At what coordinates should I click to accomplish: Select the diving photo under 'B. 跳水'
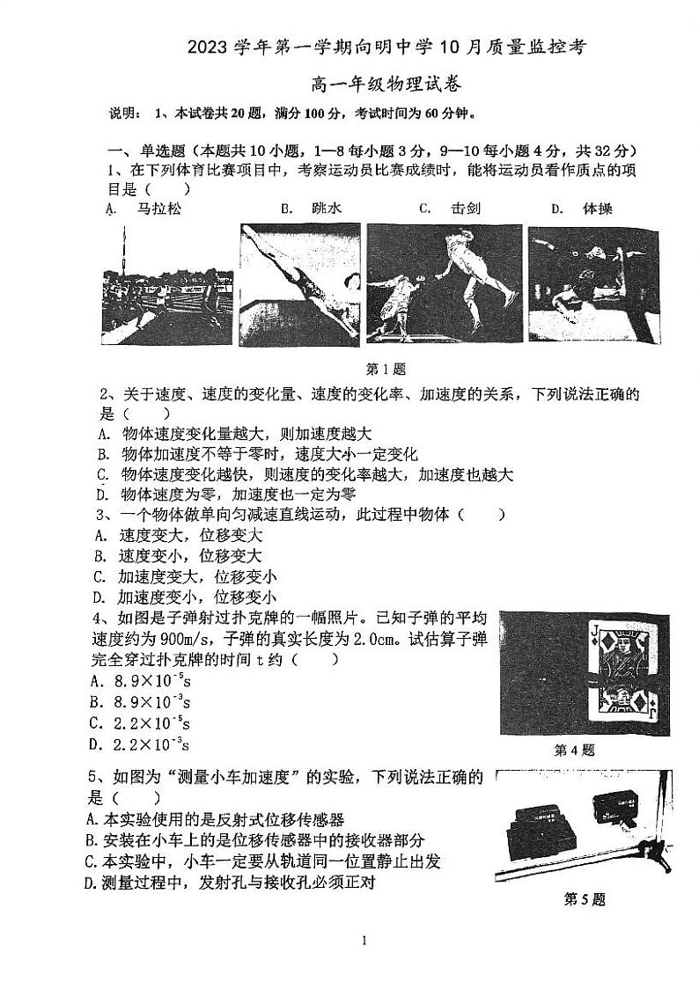tap(299, 283)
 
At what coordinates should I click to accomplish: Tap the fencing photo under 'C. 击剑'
tap(445, 283)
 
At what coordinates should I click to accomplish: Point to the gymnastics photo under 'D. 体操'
tap(592, 283)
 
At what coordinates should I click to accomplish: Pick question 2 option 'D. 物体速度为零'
tap(225, 494)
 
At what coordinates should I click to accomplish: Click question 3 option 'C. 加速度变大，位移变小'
tap(185, 577)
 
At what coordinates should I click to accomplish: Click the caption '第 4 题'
tap(574, 751)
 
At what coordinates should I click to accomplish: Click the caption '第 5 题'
tap(585, 899)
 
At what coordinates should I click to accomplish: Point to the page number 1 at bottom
tap(364, 941)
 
